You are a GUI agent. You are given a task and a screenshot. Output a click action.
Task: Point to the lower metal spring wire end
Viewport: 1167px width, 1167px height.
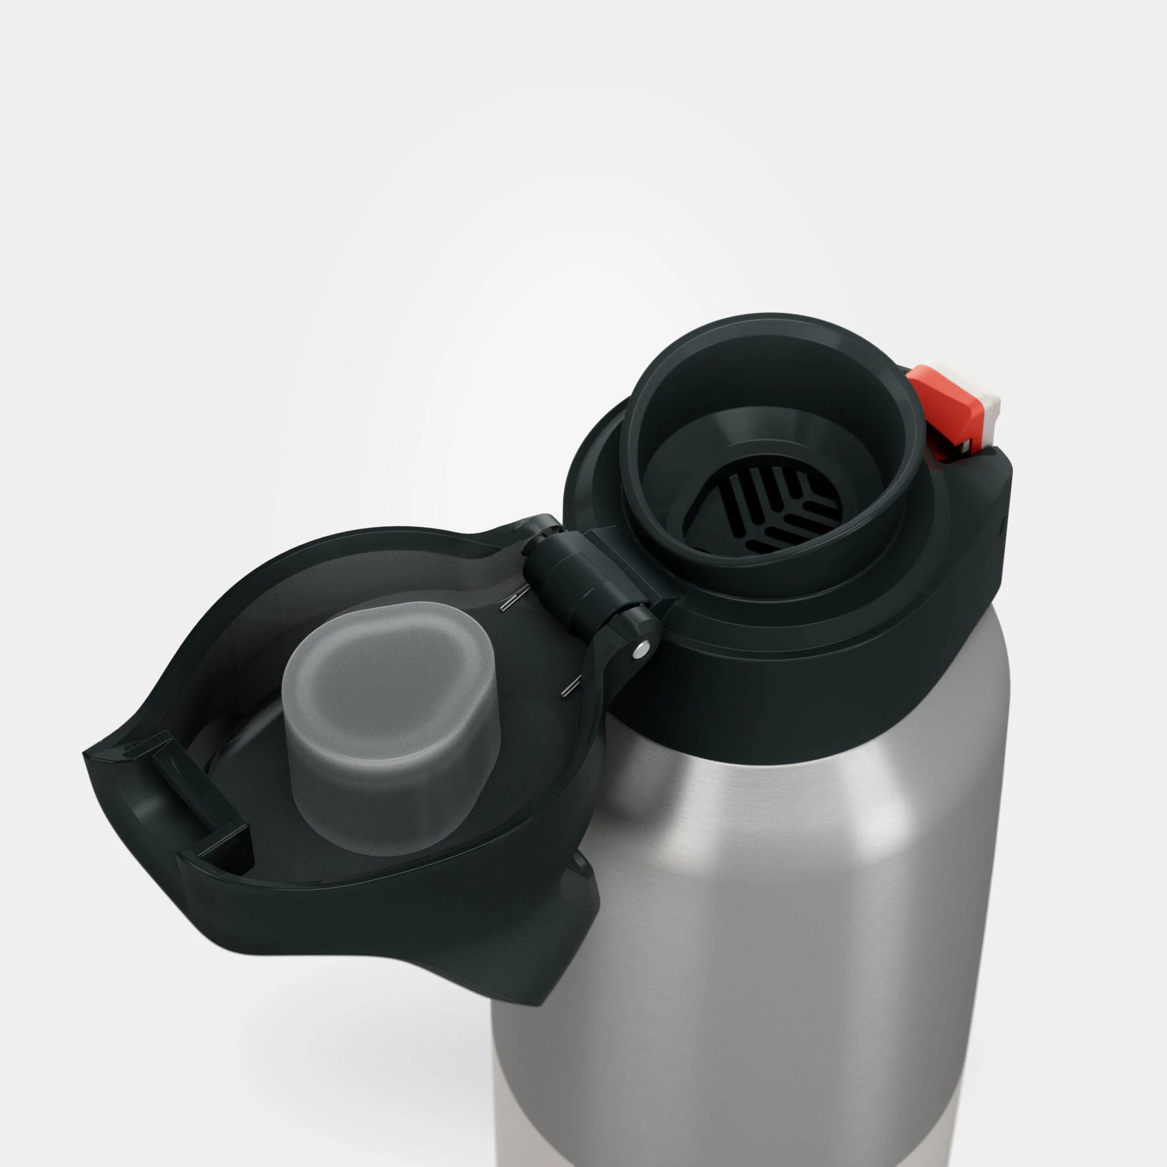pyautogui.click(x=568, y=688)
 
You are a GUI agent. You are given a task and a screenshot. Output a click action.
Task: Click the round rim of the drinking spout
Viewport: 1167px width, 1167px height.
pyautogui.click(x=773, y=338)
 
